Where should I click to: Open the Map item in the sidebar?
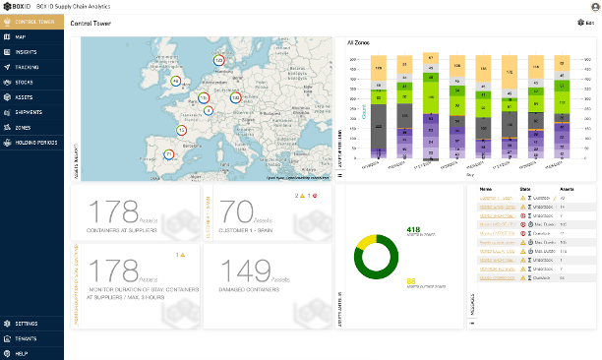[22, 36]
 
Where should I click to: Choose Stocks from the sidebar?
[25, 83]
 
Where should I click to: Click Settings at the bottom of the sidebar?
[27, 323]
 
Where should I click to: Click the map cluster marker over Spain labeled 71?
[168, 154]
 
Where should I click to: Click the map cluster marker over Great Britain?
[176, 81]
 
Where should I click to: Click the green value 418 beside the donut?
[413, 229]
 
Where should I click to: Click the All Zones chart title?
[358, 43]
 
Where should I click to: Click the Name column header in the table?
[485, 187]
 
